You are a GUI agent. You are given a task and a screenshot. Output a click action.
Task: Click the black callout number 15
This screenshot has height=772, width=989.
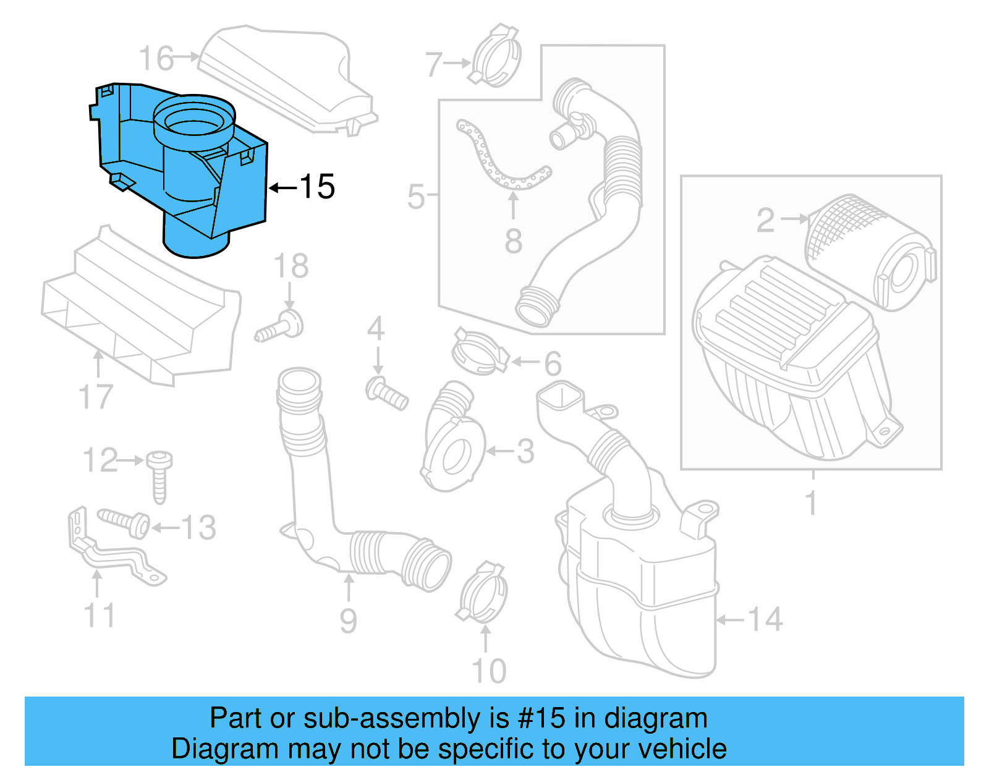(x=317, y=187)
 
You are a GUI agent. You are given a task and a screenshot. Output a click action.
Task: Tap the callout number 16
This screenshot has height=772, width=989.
(x=156, y=59)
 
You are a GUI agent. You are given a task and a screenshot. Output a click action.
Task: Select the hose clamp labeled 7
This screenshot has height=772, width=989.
(x=496, y=57)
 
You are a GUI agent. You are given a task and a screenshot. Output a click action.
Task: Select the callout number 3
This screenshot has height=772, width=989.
(x=525, y=452)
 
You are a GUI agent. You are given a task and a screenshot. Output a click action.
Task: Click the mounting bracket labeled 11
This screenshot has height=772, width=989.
(x=111, y=550)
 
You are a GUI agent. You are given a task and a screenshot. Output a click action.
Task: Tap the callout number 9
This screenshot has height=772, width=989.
(x=348, y=621)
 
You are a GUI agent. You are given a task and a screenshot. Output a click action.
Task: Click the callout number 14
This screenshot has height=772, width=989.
(x=765, y=619)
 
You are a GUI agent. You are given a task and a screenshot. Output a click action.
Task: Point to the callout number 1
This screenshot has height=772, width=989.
(x=812, y=503)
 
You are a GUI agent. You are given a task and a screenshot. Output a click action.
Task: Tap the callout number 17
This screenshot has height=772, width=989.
(x=96, y=397)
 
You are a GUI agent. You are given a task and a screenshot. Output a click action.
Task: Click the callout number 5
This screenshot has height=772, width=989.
(x=416, y=197)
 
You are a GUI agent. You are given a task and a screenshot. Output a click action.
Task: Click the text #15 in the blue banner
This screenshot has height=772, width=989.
(x=541, y=718)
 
